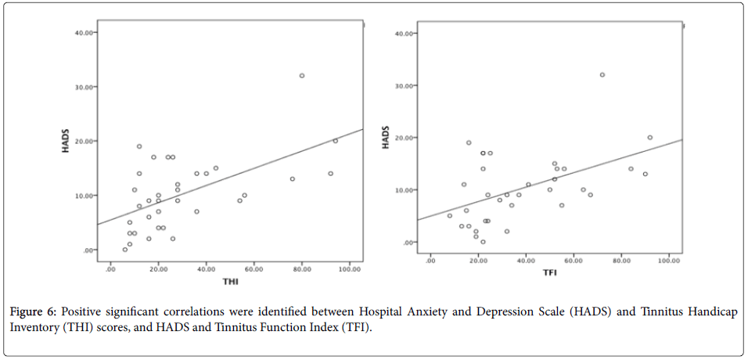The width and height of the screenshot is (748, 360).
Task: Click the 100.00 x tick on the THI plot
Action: pos(349,268)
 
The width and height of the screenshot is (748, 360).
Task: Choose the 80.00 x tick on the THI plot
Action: pos(302,268)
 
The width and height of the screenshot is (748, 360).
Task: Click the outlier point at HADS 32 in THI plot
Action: pos(302,76)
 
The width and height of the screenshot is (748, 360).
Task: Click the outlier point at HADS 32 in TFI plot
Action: pos(602,75)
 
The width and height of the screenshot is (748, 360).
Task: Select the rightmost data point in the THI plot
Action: pos(336,141)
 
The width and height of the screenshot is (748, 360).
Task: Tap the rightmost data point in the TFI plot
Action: pos(649,138)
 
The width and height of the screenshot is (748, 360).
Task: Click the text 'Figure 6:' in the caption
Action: pos(32,312)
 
